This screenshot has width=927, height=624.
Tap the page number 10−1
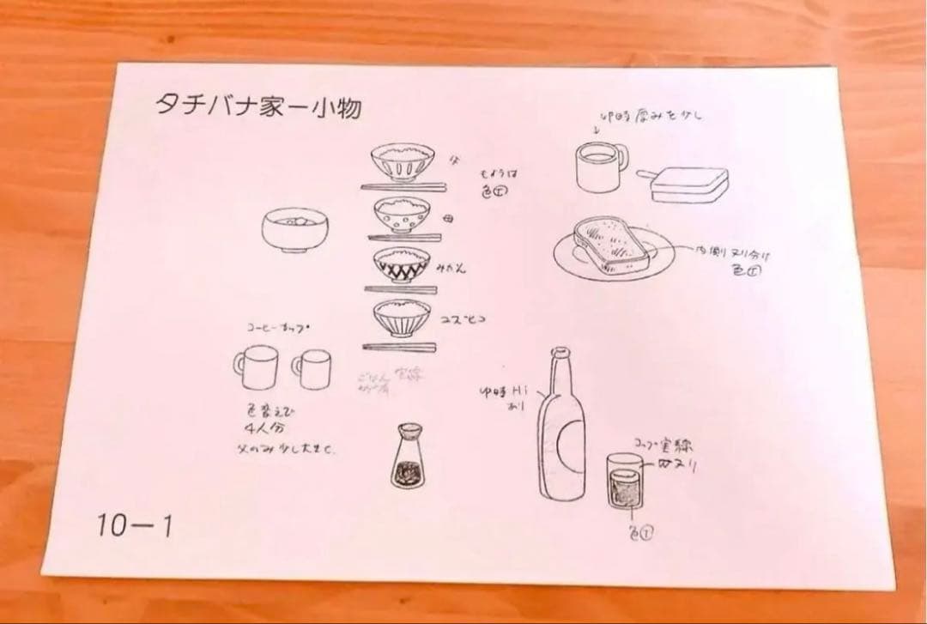tap(133, 525)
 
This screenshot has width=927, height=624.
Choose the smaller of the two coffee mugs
tap(312, 367)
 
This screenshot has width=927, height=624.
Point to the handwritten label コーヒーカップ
tap(277, 328)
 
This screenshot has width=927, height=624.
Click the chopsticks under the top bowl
tap(403, 185)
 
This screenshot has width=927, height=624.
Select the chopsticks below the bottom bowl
tap(400, 347)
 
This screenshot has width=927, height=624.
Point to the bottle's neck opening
tap(560, 351)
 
